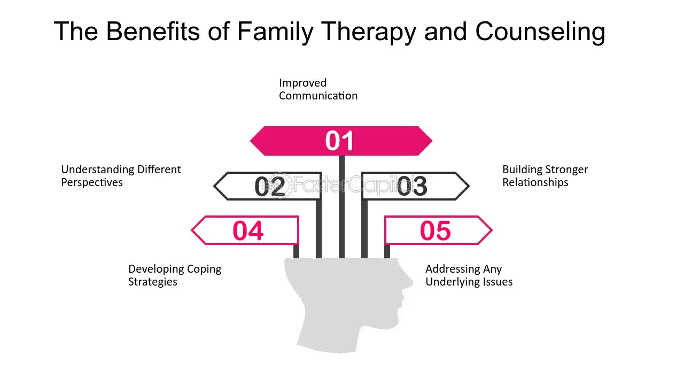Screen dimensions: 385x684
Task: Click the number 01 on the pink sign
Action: click(x=340, y=141)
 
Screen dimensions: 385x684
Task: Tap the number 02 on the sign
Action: click(x=270, y=187)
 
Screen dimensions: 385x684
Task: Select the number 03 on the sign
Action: click(x=412, y=187)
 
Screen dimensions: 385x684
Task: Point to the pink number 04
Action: click(x=248, y=231)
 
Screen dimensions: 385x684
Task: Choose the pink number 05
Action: click(x=436, y=231)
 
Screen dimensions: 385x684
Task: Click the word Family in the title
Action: click(x=275, y=32)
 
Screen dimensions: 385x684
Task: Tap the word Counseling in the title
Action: click(x=540, y=32)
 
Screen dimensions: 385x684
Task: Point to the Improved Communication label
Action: click(x=318, y=89)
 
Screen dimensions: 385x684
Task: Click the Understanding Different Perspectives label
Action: click(x=121, y=176)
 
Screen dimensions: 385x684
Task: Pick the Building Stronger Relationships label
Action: click(x=545, y=176)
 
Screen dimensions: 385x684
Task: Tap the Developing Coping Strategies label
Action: click(x=175, y=275)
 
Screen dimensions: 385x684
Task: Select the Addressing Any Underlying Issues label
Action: click(x=469, y=275)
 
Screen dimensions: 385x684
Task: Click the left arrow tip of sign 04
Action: click(x=193, y=230)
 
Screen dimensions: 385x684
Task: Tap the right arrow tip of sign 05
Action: click(x=491, y=230)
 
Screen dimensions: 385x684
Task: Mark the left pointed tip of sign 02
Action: click(x=215, y=186)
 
